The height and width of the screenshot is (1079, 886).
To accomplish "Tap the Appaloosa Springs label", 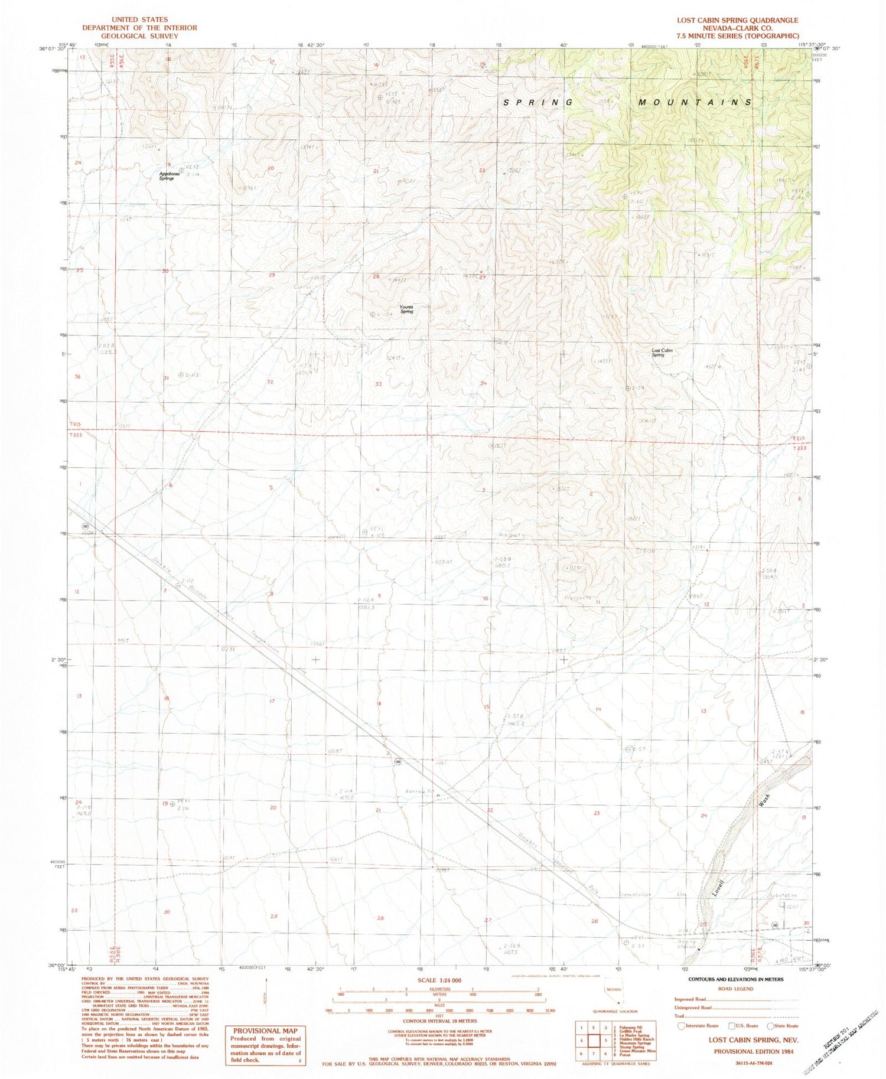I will (x=167, y=175).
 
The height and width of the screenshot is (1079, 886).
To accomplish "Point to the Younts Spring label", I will (x=406, y=309).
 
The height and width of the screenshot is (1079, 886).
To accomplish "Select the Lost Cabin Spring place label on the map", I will (x=662, y=353).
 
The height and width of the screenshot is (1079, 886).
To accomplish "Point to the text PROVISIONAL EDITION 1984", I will (x=753, y=1051).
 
